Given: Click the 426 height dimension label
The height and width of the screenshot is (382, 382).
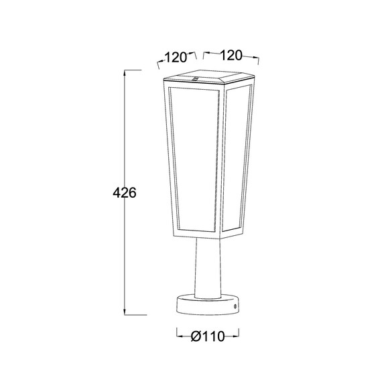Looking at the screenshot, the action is [x=125, y=193].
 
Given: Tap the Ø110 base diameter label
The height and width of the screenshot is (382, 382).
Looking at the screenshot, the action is [x=208, y=336].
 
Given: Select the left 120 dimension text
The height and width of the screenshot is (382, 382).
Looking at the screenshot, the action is [x=176, y=58].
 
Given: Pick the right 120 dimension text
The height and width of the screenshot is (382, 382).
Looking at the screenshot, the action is [x=231, y=56].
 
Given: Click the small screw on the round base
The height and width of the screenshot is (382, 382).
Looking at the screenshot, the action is [x=235, y=306].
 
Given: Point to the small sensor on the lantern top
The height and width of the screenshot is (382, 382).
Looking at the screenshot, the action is [x=196, y=78].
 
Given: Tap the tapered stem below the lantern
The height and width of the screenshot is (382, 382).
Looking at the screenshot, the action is [x=208, y=268].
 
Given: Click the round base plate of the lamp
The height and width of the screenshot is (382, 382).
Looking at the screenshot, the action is [x=208, y=308].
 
